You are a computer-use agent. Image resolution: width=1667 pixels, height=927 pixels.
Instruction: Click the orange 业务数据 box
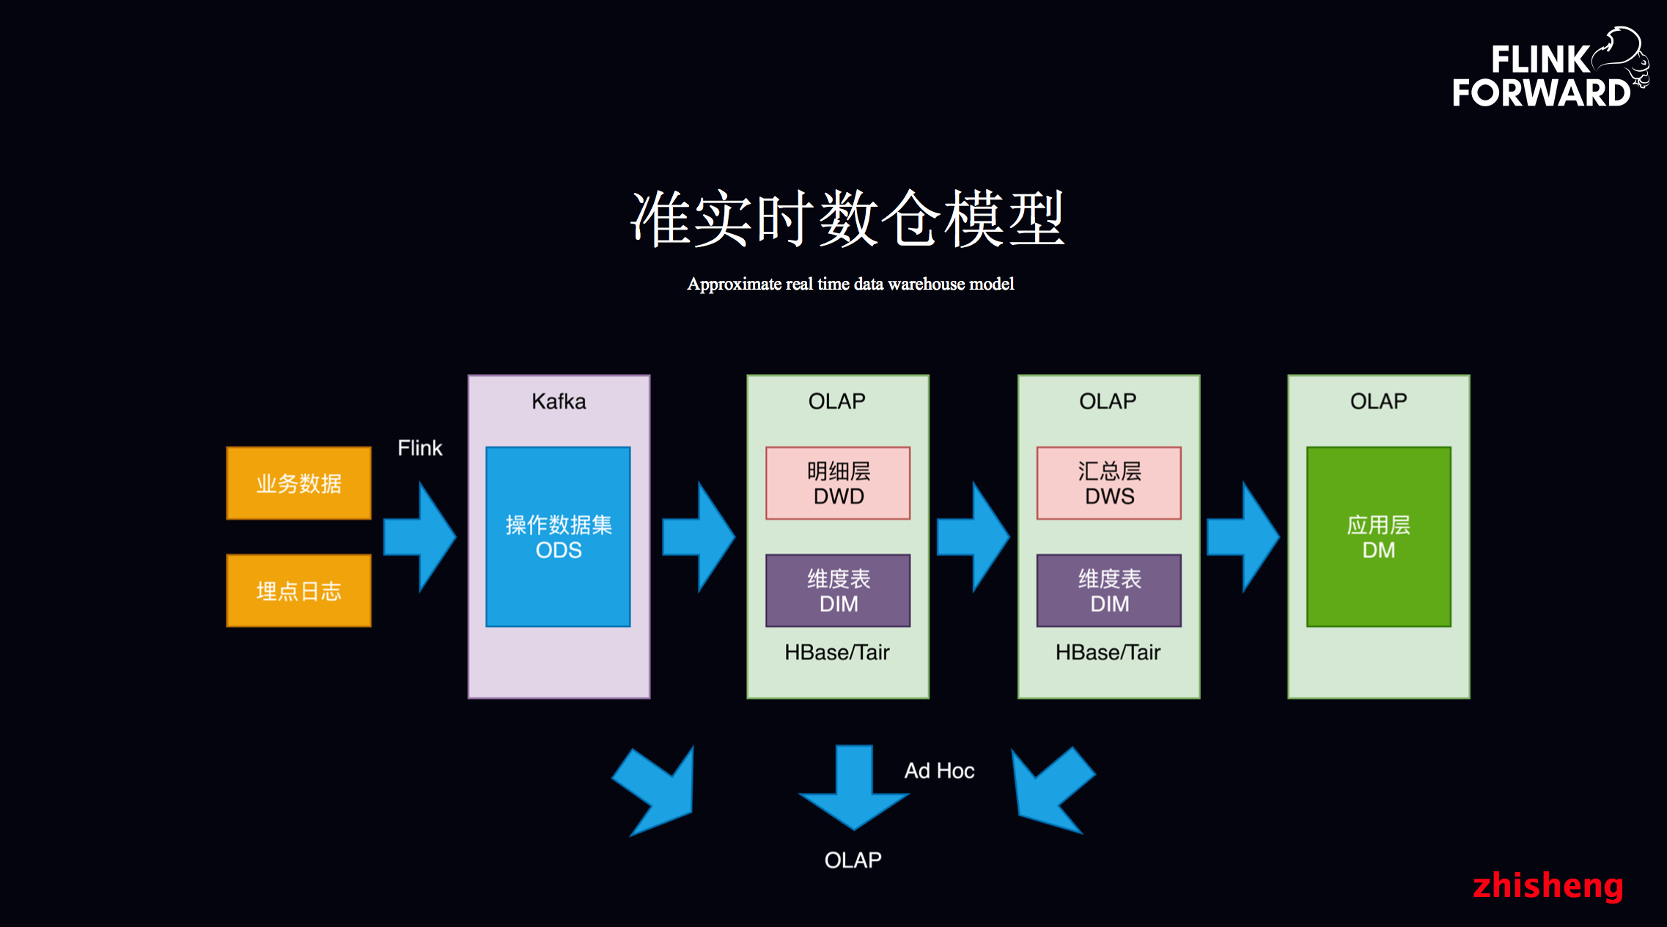click(x=298, y=483)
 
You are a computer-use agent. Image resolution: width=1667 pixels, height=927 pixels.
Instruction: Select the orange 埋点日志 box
click(x=298, y=590)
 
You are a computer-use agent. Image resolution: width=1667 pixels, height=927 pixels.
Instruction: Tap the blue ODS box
click(x=558, y=537)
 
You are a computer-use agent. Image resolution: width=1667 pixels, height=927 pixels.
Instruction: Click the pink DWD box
click(x=838, y=483)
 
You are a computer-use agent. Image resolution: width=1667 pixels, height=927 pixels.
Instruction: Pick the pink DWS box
click(x=1108, y=483)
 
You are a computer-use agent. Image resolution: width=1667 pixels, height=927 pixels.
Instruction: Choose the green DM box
click(x=1378, y=537)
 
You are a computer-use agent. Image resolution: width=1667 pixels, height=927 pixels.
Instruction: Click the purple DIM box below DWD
click(x=838, y=590)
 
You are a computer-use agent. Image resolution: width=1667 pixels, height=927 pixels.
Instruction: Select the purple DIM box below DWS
click(x=1108, y=590)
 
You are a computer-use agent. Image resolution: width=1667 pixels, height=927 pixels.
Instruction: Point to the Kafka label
click(x=559, y=402)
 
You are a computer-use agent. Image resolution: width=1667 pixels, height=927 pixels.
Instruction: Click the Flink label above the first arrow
click(x=419, y=448)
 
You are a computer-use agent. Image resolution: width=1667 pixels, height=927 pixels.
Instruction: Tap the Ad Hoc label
click(x=939, y=771)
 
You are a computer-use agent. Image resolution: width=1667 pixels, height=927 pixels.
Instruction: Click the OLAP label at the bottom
click(x=853, y=860)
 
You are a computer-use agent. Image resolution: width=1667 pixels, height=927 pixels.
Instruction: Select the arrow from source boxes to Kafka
click(x=420, y=537)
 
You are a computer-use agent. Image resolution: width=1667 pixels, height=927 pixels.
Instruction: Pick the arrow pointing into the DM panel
click(x=1243, y=537)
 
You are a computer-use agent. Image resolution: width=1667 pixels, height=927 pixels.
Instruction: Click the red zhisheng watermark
click(x=1548, y=885)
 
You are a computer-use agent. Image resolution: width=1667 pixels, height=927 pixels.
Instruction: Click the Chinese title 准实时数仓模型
click(x=847, y=219)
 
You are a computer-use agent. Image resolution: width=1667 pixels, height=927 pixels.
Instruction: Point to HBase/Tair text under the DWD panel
click(x=836, y=652)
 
